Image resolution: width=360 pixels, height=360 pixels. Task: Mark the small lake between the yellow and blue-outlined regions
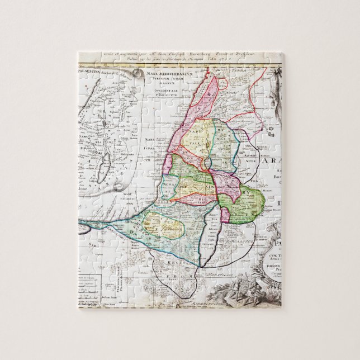(207, 162)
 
